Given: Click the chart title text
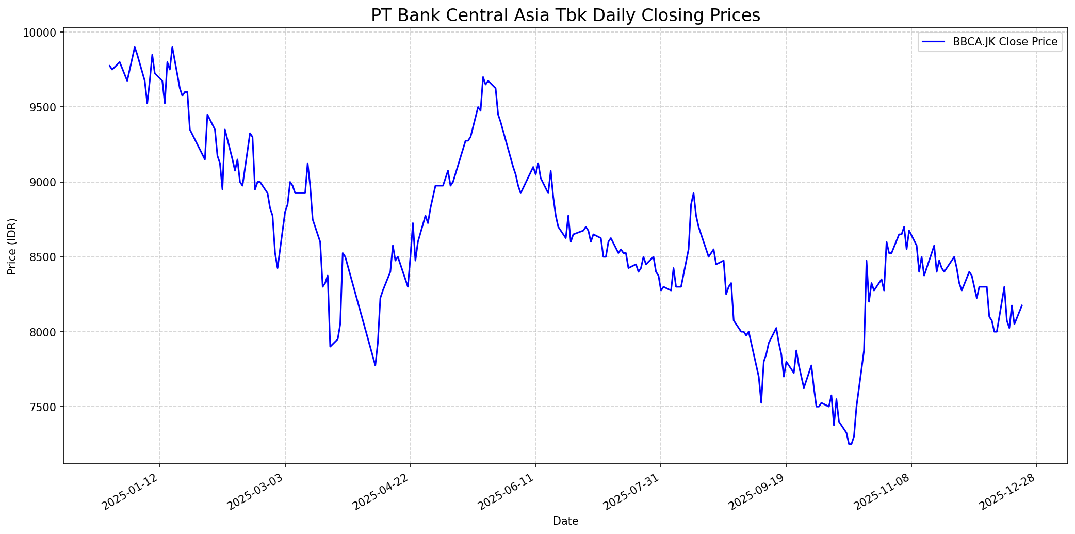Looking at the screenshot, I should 565,15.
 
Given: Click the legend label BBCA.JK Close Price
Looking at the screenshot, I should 1005,42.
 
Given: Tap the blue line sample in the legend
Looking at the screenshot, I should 934,42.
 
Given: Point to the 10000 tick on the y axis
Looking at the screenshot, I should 41,33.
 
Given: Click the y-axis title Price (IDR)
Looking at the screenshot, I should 12,246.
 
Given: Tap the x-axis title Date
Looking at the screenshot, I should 565,521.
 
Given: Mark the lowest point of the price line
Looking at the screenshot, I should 850,444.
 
